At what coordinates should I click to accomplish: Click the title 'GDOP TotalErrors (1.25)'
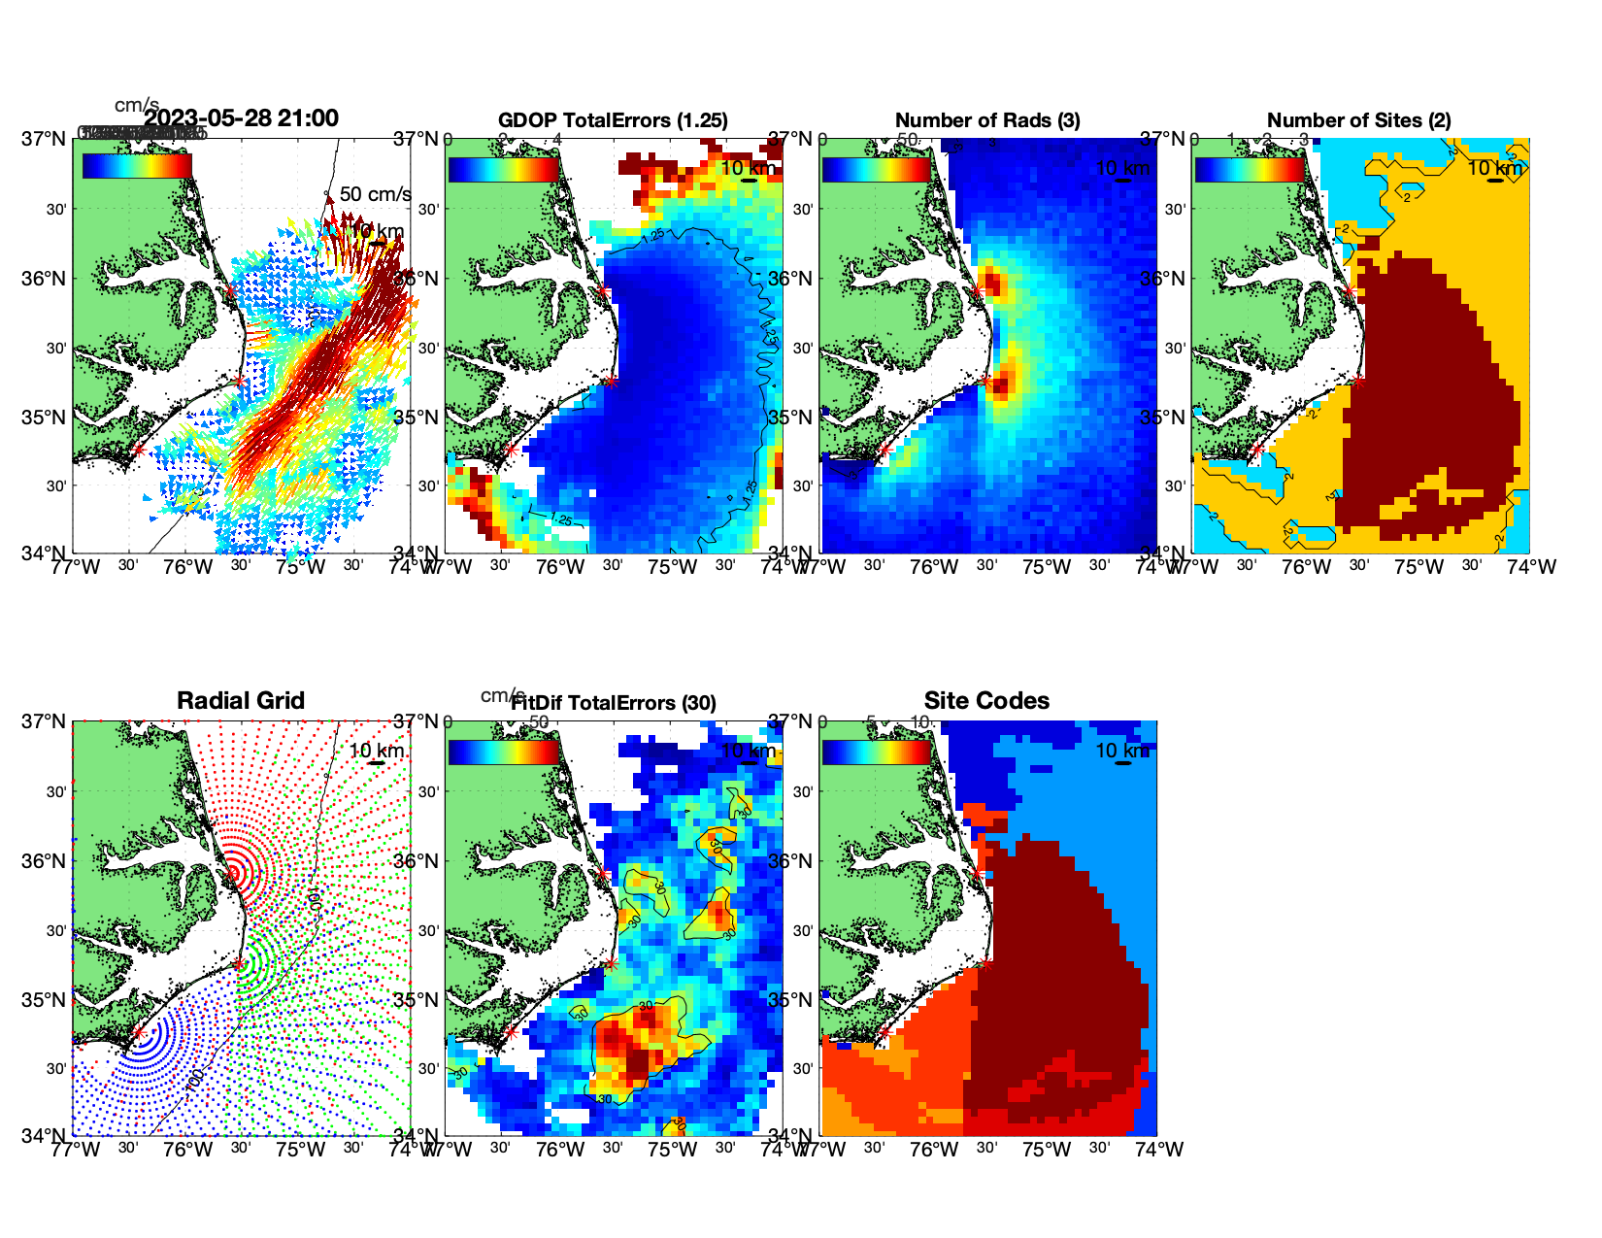tap(613, 120)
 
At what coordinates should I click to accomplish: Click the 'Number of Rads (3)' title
tap(987, 120)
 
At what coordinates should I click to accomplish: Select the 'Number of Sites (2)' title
tap(1358, 120)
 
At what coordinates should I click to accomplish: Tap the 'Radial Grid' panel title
tap(241, 701)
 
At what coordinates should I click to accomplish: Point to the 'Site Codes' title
tap(986, 701)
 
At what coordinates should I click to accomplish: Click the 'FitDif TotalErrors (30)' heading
tap(614, 703)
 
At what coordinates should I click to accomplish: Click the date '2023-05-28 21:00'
tap(242, 118)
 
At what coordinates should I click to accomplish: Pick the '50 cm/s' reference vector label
tap(375, 194)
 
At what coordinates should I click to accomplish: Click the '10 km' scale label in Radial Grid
tap(377, 751)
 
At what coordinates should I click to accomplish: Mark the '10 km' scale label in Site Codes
tap(1122, 751)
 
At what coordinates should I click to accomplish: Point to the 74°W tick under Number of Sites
tap(1532, 567)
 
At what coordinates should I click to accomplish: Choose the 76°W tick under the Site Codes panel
tap(934, 1150)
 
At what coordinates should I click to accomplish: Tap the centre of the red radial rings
tap(232, 873)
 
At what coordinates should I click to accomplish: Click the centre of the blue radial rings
tap(139, 1033)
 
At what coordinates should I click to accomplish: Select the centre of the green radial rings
tap(239, 964)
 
